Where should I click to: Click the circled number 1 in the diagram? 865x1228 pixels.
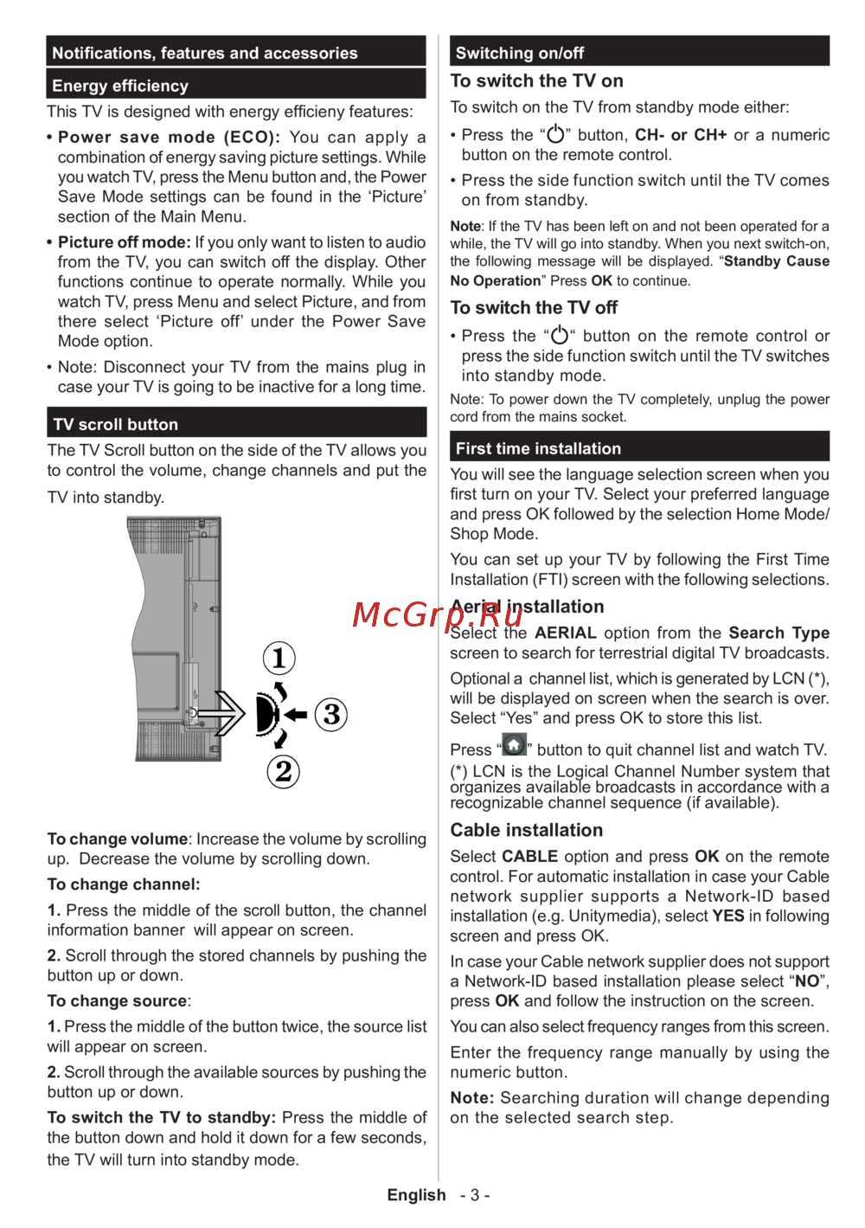pos(279,659)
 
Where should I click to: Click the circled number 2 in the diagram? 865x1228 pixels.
pos(284,770)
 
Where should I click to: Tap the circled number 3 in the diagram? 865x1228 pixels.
pos(331,715)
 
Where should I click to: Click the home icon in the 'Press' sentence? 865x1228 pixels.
pos(515,745)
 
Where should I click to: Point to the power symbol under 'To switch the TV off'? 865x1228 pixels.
pos(561,336)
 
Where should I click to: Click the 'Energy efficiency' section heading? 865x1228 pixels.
pos(120,86)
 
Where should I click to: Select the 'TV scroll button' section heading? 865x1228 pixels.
pos(116,424)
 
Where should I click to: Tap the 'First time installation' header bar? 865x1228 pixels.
pos(538,448)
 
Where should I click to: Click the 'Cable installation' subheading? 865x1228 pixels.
pos(526,830)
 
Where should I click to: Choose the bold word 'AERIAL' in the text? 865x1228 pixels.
pos(566,633)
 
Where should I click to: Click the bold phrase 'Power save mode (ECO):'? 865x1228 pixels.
pos(169,137)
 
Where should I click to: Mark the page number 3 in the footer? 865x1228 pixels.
pos(475,1195)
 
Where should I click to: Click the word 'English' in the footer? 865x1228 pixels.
pos(416,1195)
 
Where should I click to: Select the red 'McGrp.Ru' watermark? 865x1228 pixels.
pos(438,614)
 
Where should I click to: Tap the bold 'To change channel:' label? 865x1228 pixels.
pos(124,884)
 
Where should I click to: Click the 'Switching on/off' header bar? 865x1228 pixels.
pos(520,53)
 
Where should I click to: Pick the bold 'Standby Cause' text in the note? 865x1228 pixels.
pos(777,261)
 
